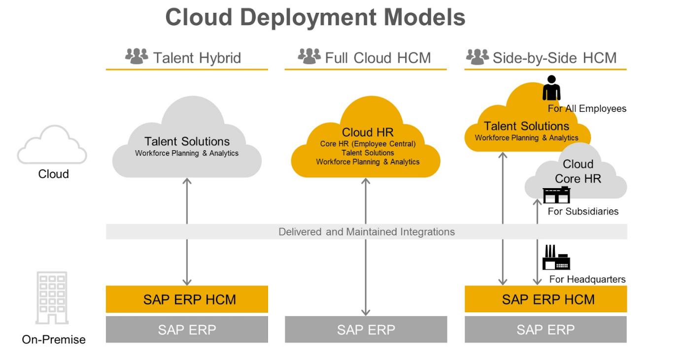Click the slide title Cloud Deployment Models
click(x=315, y=18)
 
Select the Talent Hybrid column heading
click(x=197, y=58)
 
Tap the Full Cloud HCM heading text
click(x=377, y=58)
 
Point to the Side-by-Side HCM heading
click(x=554, y=58)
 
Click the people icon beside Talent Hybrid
click(x=137, y=56)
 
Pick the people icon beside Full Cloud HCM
click(x=309, y=56)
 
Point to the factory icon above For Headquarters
click(x=556, y=258)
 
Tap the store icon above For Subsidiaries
click(x=556, y=196)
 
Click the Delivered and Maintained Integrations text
click(x=367, y=231)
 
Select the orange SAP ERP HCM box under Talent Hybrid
click(x=187, y=299)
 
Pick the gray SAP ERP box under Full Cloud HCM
click(x=366, y=329)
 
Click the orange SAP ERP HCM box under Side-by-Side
click(x=546, y=299)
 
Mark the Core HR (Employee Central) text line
click(x=368, y=144)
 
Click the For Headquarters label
click(x=587, y=279)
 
